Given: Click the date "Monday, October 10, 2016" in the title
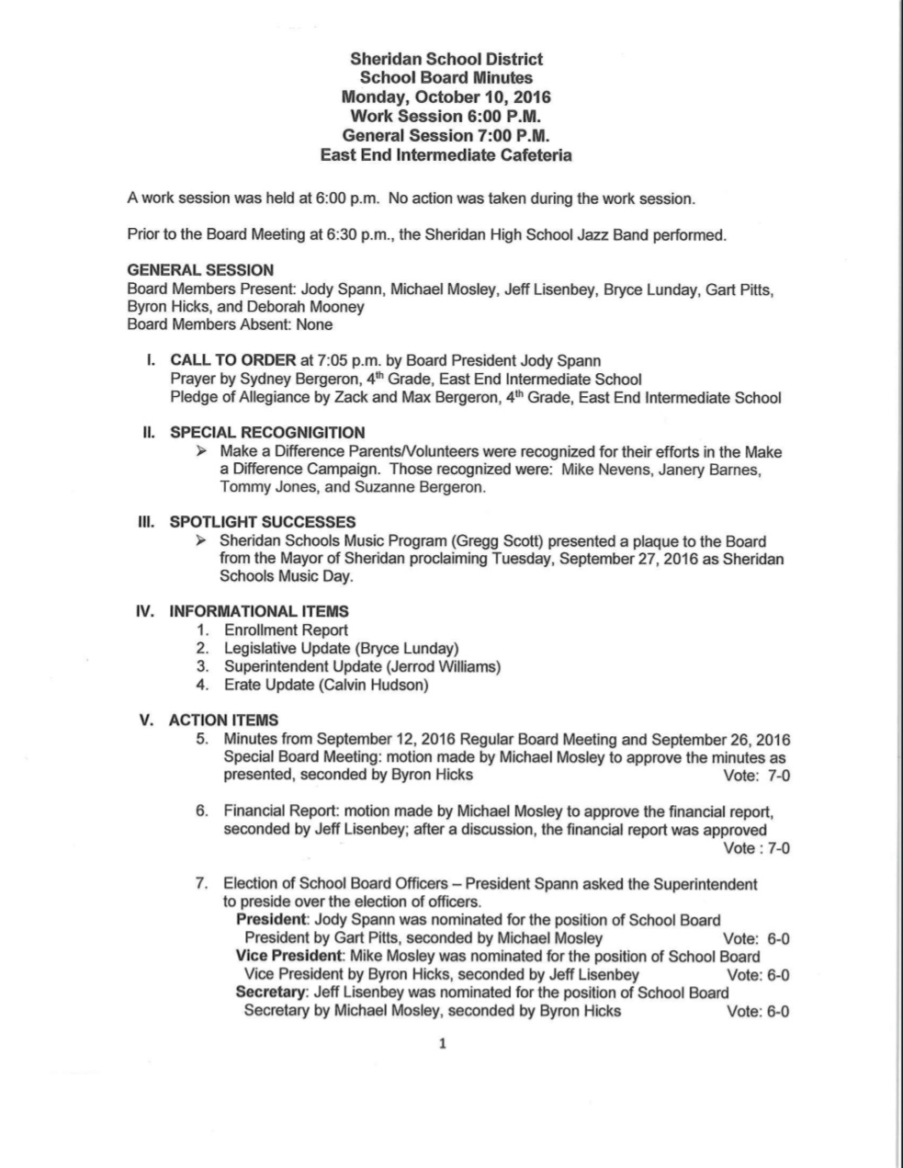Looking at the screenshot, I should pos(446,96).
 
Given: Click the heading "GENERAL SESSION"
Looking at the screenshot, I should pos(200,270).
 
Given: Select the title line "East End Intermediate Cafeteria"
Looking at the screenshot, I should pos(446,154).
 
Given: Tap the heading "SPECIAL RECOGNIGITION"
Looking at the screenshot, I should pos(267,433).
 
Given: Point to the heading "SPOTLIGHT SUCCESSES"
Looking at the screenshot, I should pos(263,522).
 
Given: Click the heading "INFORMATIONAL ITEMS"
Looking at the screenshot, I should pos(259,611).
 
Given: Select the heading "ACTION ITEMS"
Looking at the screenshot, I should pos(223,720).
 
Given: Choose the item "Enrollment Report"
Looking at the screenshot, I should pos(286,630).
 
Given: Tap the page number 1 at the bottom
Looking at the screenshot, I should pos(443,1044).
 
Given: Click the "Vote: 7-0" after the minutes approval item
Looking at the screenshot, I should pos(757,776).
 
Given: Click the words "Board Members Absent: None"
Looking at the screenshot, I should pos(230,324).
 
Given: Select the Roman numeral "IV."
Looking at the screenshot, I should pos(145,611).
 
